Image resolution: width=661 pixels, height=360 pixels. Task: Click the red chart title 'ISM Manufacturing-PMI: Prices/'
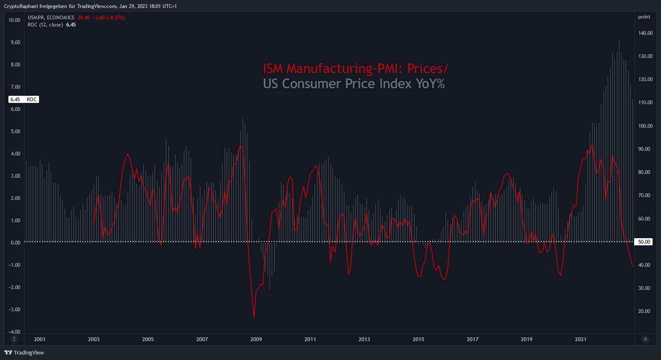click(356, 68)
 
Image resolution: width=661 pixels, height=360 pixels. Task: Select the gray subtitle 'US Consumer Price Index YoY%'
click(354, 84)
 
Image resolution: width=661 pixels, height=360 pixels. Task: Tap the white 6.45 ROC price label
click(24, 100)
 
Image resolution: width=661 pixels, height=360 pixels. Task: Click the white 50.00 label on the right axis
click(644, 242)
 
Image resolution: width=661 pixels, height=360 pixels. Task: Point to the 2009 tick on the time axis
click(256, 339)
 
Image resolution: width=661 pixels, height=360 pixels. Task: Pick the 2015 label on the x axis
click(418, 339)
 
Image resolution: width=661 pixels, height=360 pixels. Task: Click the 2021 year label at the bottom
click(581, 339)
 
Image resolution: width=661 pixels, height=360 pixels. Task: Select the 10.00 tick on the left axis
click(14, 20)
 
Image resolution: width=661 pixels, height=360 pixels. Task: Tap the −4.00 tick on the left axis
click(14, 332)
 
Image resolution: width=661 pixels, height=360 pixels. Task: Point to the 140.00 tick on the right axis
click(645, 33)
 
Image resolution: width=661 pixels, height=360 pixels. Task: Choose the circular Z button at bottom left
click(14, 339)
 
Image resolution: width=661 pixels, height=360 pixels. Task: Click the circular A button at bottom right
click(645, 339)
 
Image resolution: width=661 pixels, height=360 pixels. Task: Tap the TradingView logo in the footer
click(24, 352)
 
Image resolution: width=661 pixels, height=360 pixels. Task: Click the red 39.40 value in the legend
click(84, 18)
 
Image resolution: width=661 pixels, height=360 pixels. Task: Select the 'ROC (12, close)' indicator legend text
click(45, 25)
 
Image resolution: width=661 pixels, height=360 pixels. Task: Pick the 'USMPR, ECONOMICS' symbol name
click(51, 18)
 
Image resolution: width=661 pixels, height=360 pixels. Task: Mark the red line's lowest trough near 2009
click(254, 318)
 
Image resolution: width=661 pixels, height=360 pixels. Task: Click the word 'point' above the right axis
click(644, 17)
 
